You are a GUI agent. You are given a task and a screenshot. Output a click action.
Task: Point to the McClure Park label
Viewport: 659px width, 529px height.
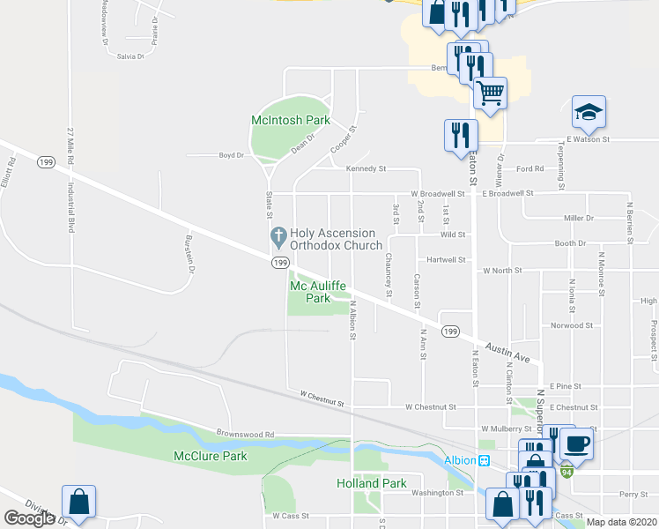tap(210, 456)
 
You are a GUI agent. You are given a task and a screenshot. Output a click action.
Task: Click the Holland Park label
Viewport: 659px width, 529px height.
tap(372, 483)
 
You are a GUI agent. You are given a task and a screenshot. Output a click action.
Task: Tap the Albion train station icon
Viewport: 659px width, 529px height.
tap(484, 461)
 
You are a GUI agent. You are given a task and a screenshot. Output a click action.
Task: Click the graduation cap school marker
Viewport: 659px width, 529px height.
tap(589, 112)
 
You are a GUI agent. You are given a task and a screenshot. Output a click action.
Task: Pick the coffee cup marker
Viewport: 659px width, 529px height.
tap(576, 443)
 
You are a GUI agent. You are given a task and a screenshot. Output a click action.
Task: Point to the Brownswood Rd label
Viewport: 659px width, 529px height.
tap(246, 434)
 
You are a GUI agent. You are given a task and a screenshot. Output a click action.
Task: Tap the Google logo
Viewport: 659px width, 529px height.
tap(29, 518)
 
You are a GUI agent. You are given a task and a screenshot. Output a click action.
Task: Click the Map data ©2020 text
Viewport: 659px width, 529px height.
tap(622, 522)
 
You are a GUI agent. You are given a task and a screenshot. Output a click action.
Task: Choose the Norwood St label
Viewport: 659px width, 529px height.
tap(571, 325)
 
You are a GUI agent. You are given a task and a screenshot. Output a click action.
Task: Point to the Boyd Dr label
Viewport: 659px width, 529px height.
tap(231, 155)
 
